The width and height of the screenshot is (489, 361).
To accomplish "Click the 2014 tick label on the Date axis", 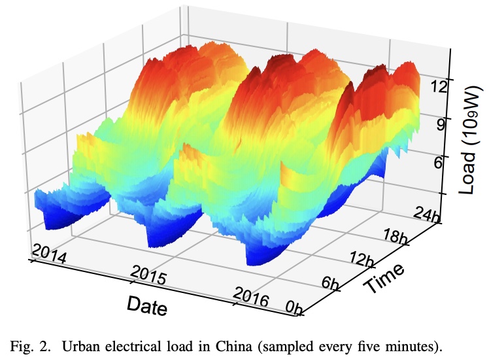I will pos(48,254).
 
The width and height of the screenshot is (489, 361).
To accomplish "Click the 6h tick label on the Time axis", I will pos(331,284).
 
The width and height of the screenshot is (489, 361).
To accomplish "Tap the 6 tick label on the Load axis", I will pos(437,160).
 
